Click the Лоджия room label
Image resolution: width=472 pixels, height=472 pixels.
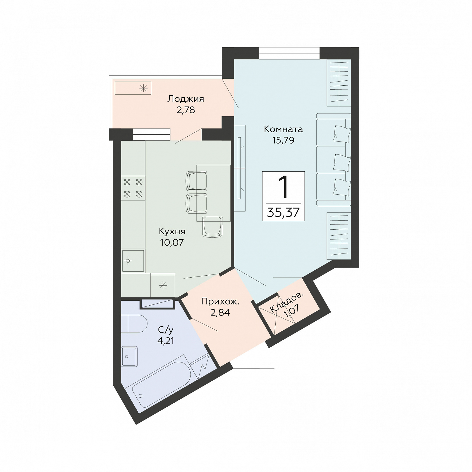[186, 99]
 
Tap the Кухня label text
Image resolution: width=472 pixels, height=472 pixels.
[172, 231]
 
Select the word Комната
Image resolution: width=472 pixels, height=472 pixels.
[283, 129]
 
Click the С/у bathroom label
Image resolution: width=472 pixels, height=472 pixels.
[165, 330]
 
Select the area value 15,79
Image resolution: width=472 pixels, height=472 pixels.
[283, 140]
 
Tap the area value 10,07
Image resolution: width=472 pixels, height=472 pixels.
[172, 242]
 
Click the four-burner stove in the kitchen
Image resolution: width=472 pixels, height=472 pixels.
[133, 188]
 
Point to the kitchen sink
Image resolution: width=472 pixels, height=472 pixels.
[133, 261]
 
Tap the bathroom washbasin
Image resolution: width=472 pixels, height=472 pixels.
[129, 356]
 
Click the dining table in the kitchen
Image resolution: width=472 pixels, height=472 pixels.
[214, 193]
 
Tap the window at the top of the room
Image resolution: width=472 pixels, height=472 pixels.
[289, 53]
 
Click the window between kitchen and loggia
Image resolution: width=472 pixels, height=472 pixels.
[152, 134]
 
